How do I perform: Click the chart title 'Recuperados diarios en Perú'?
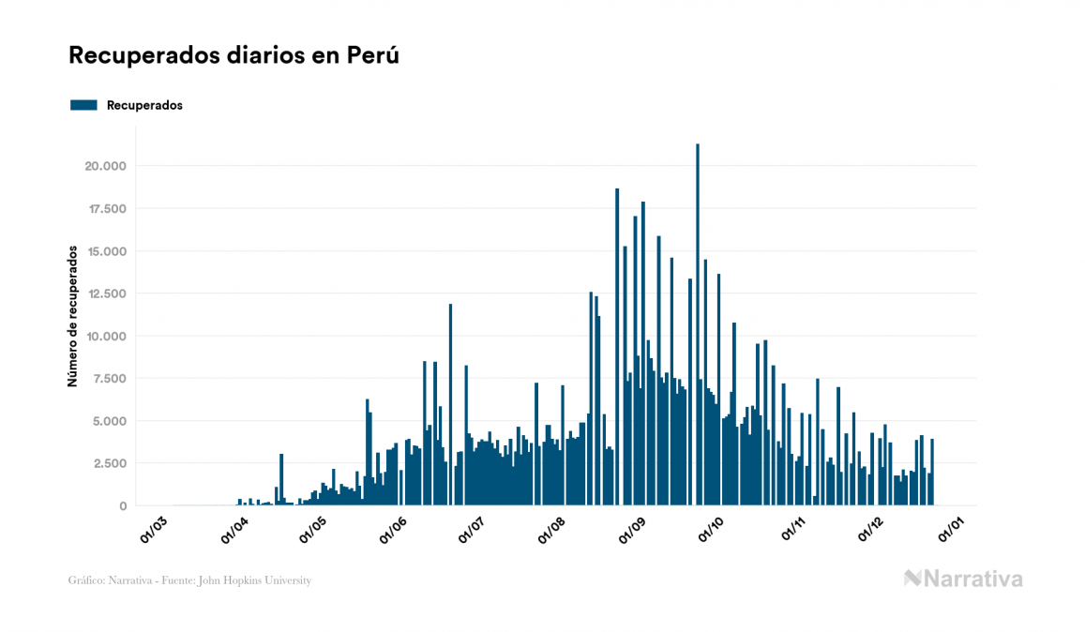tap(234, 55)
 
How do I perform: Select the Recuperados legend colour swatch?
tap(83, 105)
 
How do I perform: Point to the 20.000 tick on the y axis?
tap(104, 167)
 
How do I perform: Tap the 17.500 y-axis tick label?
tap(105, 209)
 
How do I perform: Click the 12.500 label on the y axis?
tap(105, 293)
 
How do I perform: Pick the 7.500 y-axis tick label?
tap(108, 379)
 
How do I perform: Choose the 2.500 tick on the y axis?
tap(108, 463)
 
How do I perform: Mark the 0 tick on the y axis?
tap(122, 506)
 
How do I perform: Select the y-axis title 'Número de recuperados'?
tap(72, 316)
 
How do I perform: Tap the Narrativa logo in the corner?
tap(963, 579)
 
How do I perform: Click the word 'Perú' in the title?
tap(374, 55)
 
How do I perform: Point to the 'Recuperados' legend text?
tap(144, 105)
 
